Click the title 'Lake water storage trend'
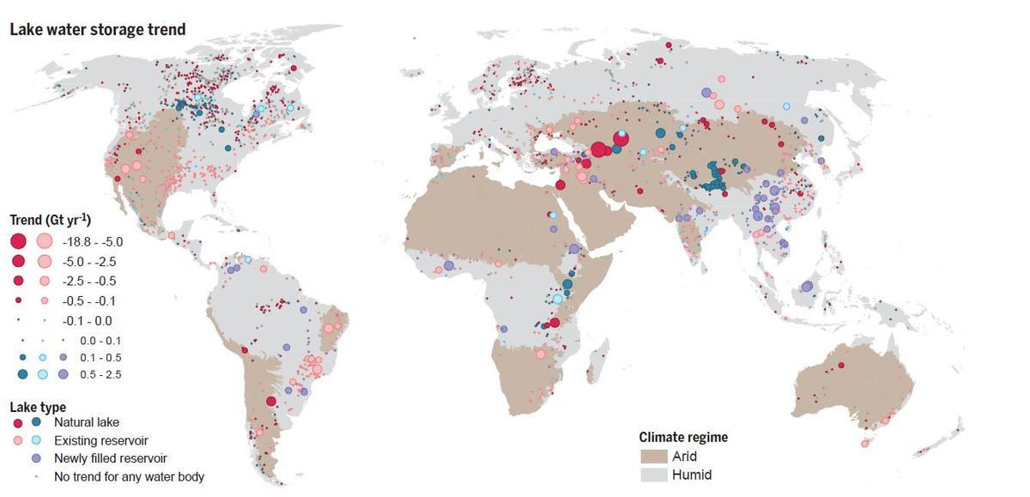coord(97,30)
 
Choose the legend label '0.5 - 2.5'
coord(101,374)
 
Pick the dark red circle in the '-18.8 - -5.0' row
coord(19,242)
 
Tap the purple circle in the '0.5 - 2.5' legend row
coord(64,374)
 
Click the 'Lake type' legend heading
coord(38,407)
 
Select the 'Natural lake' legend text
coord(87,422)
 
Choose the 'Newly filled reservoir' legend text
coord(110,458)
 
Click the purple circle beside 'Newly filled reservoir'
coord(36,458)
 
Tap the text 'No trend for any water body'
coord(129,476)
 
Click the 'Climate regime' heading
coord(683,437)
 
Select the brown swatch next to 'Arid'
coord(651,456)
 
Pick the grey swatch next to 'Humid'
coord(651,474)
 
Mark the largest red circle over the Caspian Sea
coord(599,150)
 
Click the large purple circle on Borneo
coord(807,287)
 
